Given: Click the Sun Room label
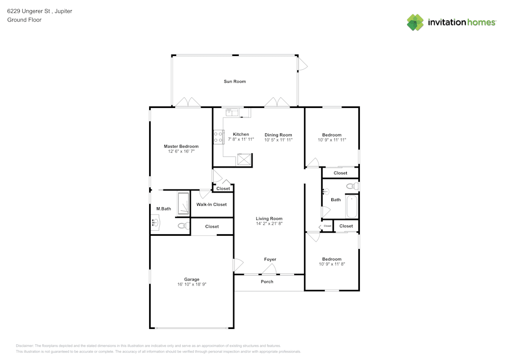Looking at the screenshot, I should point(235,81).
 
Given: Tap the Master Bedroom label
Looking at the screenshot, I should point(181,146).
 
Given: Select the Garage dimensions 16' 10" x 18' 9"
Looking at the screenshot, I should point(191,285).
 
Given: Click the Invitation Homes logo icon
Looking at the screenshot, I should point(415,22).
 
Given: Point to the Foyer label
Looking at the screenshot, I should point(270,259).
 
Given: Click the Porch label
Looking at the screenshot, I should point(267,282).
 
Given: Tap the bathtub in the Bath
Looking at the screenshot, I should point(352,205).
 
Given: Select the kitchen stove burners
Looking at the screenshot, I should point(219,137).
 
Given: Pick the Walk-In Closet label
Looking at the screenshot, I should point(211,205).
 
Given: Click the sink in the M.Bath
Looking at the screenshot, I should point(155,222).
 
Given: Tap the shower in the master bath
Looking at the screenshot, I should point(183,203).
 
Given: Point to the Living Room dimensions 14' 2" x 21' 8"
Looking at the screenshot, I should point(269,224).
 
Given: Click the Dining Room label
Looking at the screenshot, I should point(278,135).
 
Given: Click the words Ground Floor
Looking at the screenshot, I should point(24,20).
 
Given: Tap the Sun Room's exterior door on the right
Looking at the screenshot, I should point(302,64).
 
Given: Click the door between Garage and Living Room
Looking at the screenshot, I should point(237,265).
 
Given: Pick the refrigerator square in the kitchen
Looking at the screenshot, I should point(245,159).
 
